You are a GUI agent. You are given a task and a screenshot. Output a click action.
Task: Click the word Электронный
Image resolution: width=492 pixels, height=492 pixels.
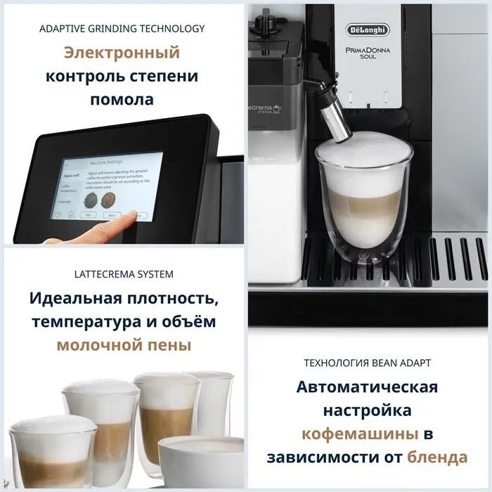pyautogui.click(x=122, y=53)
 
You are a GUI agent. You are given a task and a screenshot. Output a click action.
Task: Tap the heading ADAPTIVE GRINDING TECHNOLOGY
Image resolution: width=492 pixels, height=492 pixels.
pyautogui.click(x=122, y=29)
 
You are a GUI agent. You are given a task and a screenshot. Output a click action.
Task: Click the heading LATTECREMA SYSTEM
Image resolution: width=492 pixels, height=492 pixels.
pyautogui.click(x=123, y=274)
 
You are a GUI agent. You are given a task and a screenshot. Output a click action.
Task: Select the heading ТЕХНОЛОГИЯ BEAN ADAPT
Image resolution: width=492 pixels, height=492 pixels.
pyautogui.click(x=367, y=363)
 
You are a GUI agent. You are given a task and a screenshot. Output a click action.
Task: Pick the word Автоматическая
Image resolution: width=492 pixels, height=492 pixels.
pyautogui.click(x=367, y=387)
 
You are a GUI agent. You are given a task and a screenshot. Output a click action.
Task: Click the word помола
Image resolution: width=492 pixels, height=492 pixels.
pyautogui.click(x=122, y=100)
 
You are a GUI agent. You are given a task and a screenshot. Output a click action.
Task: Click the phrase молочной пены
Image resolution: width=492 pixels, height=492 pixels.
pyautogui.click(x=123, y=345)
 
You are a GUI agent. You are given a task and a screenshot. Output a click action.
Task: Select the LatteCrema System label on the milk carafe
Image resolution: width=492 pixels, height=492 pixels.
pyautogui.click(x=264, y=108)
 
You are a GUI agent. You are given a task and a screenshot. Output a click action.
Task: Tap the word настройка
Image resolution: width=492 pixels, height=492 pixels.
pyautogui.click(x=367, y=410)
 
